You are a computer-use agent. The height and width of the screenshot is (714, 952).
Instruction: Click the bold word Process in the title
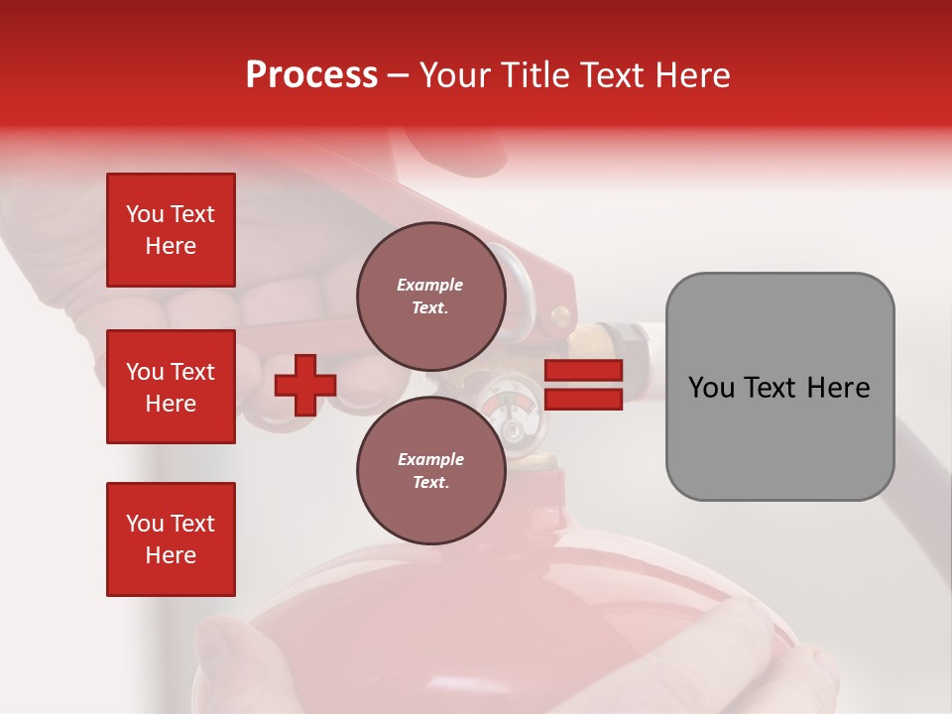[311, 75]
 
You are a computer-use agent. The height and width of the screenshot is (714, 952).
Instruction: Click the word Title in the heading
[532, 75]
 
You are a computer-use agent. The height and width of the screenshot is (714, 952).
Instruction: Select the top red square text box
[171, 230]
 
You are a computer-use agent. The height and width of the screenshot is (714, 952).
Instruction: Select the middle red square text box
[171, 387]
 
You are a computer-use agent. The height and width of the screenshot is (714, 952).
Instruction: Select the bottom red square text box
[171, 539]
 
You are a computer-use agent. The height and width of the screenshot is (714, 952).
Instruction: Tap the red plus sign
[305, 385]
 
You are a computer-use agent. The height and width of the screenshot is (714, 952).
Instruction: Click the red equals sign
[584, 385]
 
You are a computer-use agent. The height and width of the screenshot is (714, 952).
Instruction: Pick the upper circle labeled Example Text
[431, 296]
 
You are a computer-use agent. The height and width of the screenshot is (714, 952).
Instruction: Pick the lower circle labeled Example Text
[431, 470]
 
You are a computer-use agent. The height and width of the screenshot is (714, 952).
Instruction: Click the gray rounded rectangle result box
[779, 387]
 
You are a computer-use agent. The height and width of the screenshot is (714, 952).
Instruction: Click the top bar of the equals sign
[584, 371]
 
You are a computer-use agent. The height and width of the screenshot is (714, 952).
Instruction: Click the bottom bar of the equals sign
[584, 399]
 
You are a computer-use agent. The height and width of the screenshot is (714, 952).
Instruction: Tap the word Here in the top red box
[171, 246]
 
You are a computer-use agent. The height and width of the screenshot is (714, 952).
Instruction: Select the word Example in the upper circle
[430, 285]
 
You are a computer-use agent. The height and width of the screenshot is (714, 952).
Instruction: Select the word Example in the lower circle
[430, 459]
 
